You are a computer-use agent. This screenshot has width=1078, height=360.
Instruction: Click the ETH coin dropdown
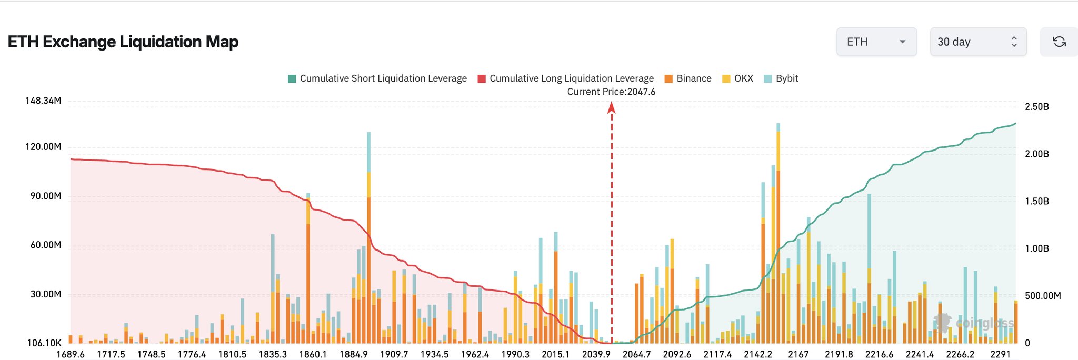[876, 42]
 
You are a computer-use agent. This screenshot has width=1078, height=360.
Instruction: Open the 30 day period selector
[978, 42]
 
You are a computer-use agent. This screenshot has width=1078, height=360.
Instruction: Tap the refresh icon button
[1059, 42]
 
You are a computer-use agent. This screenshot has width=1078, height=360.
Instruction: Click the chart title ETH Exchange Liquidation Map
[123, 42]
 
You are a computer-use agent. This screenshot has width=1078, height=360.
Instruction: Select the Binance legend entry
[688, 78]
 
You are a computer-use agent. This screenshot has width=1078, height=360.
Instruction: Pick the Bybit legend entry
[781, 78]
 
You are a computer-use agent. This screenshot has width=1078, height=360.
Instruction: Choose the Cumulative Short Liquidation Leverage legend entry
[377, 78]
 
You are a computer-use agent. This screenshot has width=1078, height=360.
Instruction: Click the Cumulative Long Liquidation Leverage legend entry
[566, 78]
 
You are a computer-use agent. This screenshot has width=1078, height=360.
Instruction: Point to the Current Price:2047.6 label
[611, 92]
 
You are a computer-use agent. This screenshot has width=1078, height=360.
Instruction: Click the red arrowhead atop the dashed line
[611, 107]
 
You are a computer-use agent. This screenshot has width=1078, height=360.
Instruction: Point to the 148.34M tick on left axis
[43, 101]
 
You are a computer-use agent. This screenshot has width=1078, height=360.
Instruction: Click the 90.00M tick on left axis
[46, 196]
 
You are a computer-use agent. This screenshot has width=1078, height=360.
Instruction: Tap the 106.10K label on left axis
[44, 343]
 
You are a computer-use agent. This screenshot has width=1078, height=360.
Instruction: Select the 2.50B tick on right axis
[1036, 107]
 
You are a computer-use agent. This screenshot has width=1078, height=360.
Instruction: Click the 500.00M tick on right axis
[1042, 296]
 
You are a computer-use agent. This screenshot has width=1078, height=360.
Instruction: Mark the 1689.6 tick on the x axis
[71, 354]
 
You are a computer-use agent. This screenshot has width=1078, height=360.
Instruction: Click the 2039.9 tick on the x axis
[596, 354]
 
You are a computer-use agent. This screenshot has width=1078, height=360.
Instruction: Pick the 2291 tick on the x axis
[1000, 354]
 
